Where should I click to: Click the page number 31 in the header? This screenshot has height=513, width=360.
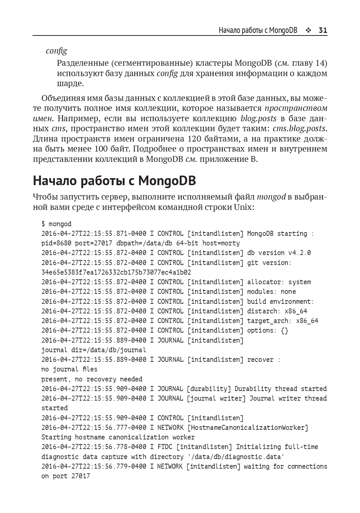tap(323, 30)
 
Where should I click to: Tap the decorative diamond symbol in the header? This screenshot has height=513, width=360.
tap(308, 30)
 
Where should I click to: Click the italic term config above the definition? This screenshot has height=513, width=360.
tap(57, 51)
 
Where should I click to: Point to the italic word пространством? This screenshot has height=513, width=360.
tap(296, 108)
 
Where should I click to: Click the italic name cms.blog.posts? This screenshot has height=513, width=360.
tap(299, 129)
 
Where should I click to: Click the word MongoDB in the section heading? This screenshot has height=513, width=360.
tap(167, 181)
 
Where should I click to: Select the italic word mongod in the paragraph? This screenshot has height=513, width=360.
tap(271, 197)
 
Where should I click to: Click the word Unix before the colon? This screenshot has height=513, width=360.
tap(242, 207)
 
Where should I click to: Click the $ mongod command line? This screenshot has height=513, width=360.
tap(57, 224)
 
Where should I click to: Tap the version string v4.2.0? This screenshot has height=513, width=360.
tap(299, 253)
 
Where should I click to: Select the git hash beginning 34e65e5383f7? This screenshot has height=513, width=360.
tap(116, 272)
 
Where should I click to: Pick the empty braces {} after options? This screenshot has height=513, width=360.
tap(284, 330)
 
